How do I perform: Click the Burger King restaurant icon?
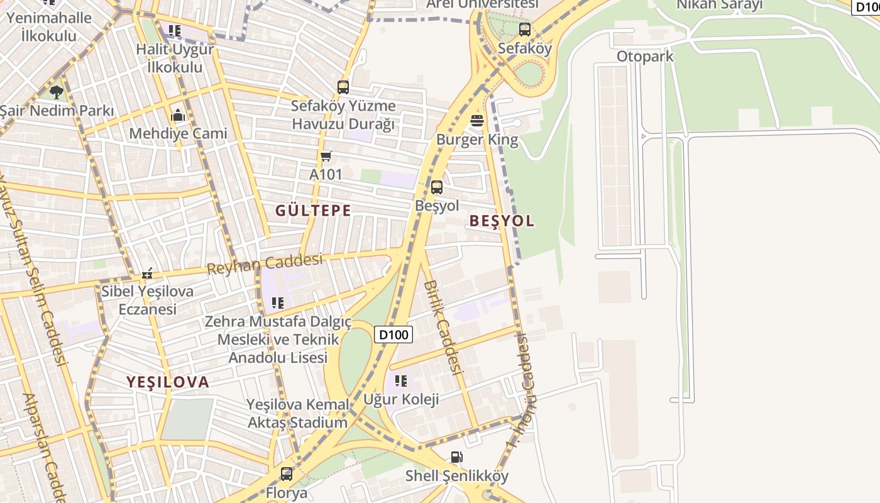coord(477,121)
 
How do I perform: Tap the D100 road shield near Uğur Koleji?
coord(394,334)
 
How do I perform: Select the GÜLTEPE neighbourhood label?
coord(313,211)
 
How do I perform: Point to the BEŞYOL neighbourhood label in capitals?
coord(502,221)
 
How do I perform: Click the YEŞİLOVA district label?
coord(168,382)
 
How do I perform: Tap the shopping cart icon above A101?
coord(326,156)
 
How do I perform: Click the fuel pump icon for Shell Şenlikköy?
coord(457,457)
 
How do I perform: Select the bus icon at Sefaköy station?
coord(524,29)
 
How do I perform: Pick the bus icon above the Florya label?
coord(287,473)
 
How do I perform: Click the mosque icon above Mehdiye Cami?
coord(178,115)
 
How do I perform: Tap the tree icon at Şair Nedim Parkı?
coord(57,92)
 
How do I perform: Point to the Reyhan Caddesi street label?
coord(265,263)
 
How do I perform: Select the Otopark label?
coord(644,56)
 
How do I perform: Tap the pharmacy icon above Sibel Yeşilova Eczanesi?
coord(147,274)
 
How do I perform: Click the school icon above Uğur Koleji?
coord(401,380)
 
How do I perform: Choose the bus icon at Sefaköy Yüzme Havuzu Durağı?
coord(343,87)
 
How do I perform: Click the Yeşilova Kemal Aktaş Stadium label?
coord(297,413)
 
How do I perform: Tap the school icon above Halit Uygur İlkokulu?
coord(175,30)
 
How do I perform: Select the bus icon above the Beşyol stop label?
coord(436,187)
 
